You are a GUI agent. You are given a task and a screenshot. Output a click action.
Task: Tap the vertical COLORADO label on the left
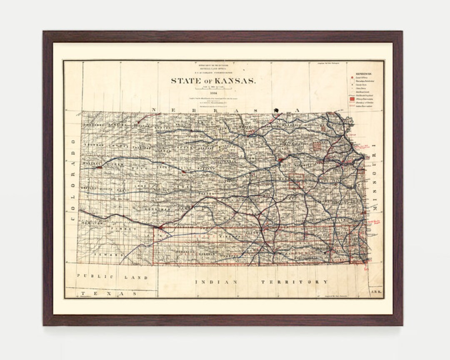73,179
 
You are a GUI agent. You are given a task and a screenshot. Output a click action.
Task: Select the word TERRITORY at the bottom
294,282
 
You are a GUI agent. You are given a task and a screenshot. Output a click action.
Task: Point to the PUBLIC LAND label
113,277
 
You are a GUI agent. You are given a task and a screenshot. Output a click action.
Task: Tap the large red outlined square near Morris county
297,181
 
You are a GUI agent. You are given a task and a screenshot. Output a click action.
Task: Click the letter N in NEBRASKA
154,110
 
